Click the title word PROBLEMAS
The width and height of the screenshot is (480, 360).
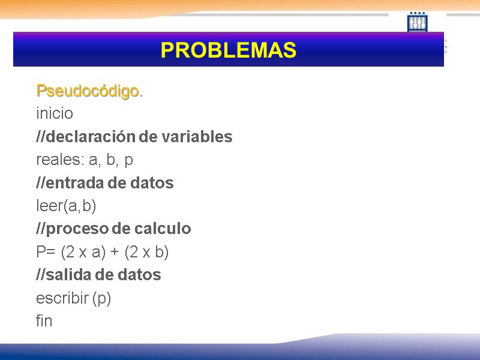coord(229,50)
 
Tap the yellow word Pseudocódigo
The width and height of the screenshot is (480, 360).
coord(89,91)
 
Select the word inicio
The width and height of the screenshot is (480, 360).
coord(55,113)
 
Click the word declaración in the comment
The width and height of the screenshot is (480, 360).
coord(91,137)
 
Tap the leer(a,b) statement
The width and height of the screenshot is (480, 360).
coord(66,206)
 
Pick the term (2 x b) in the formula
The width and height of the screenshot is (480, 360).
coord(146,253)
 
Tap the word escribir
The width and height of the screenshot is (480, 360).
coord(62,298)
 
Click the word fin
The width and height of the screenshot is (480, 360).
coord(44,321)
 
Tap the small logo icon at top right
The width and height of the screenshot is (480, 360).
coord(417,23)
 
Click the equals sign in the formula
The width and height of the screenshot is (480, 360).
coord(51,253)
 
